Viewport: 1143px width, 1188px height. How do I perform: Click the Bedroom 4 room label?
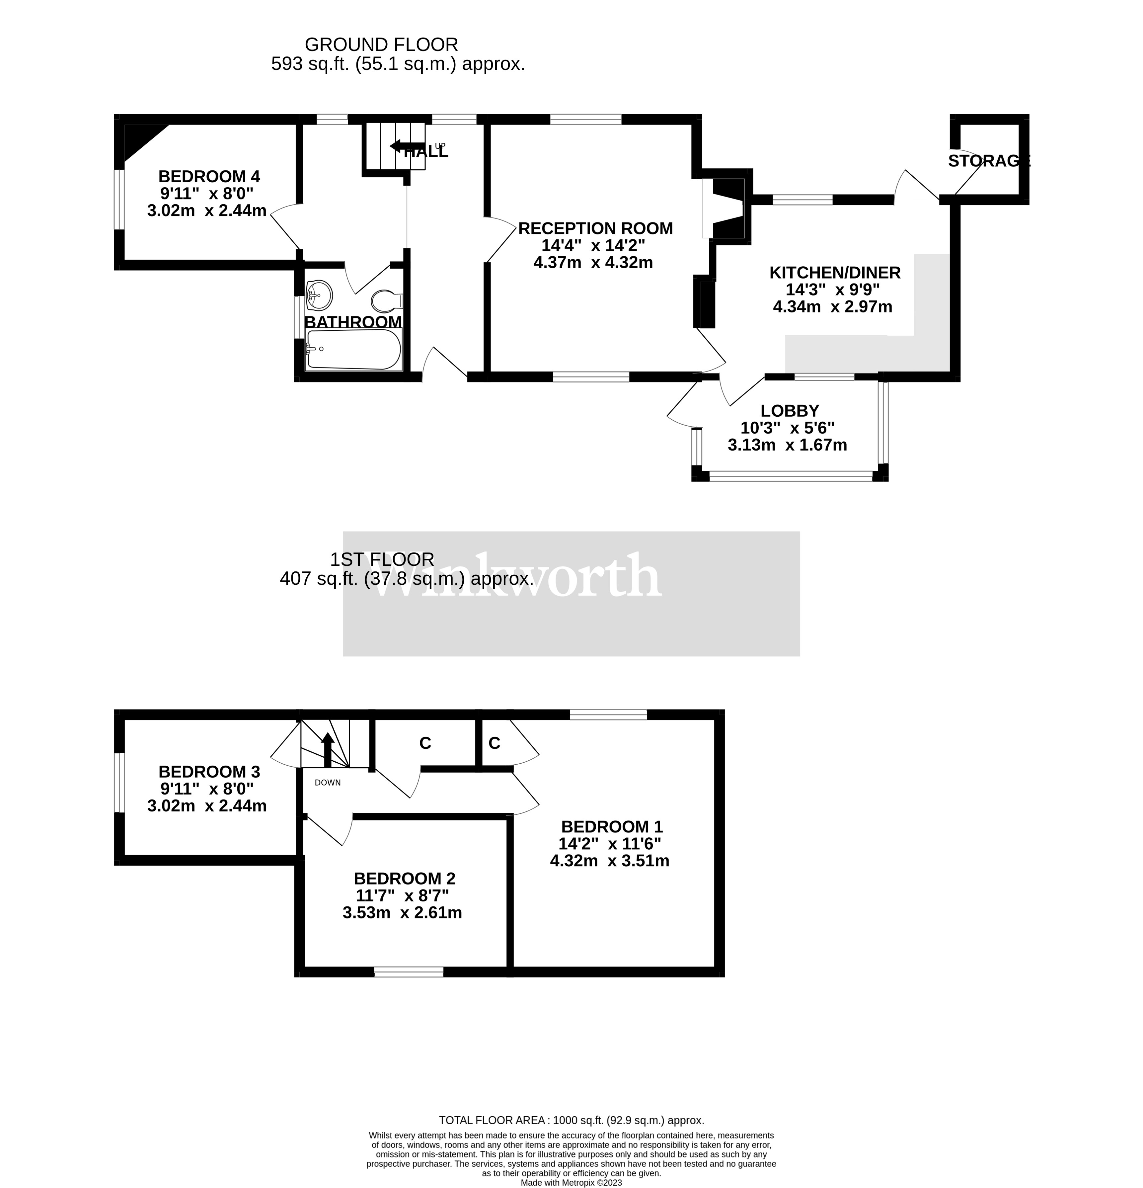point(209,176)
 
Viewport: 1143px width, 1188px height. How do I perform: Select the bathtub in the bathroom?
point(353,350)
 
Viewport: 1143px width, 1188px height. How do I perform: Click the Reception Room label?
point(595,228)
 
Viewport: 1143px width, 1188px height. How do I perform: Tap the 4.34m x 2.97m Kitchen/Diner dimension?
point(832,307)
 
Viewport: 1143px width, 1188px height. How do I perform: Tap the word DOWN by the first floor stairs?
point(328,783)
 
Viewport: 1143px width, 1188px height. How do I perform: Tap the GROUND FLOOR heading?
point(381,44)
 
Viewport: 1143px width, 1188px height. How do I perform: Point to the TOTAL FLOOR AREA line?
point(571,1120)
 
